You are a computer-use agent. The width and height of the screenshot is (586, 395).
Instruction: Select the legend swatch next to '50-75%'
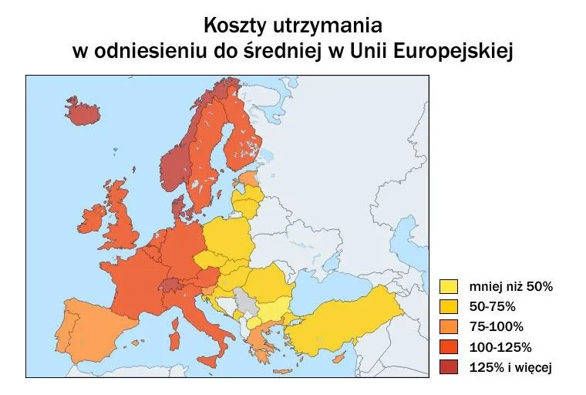448,307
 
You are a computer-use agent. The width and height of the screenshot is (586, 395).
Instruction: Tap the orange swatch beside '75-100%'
448,327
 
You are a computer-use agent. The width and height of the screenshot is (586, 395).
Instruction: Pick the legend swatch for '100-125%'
448,347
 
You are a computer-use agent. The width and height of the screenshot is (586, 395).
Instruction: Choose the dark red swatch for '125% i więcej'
448,367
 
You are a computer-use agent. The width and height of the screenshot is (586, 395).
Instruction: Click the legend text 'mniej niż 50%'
511,287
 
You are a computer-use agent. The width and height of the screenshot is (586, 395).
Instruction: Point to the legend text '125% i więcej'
511,367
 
